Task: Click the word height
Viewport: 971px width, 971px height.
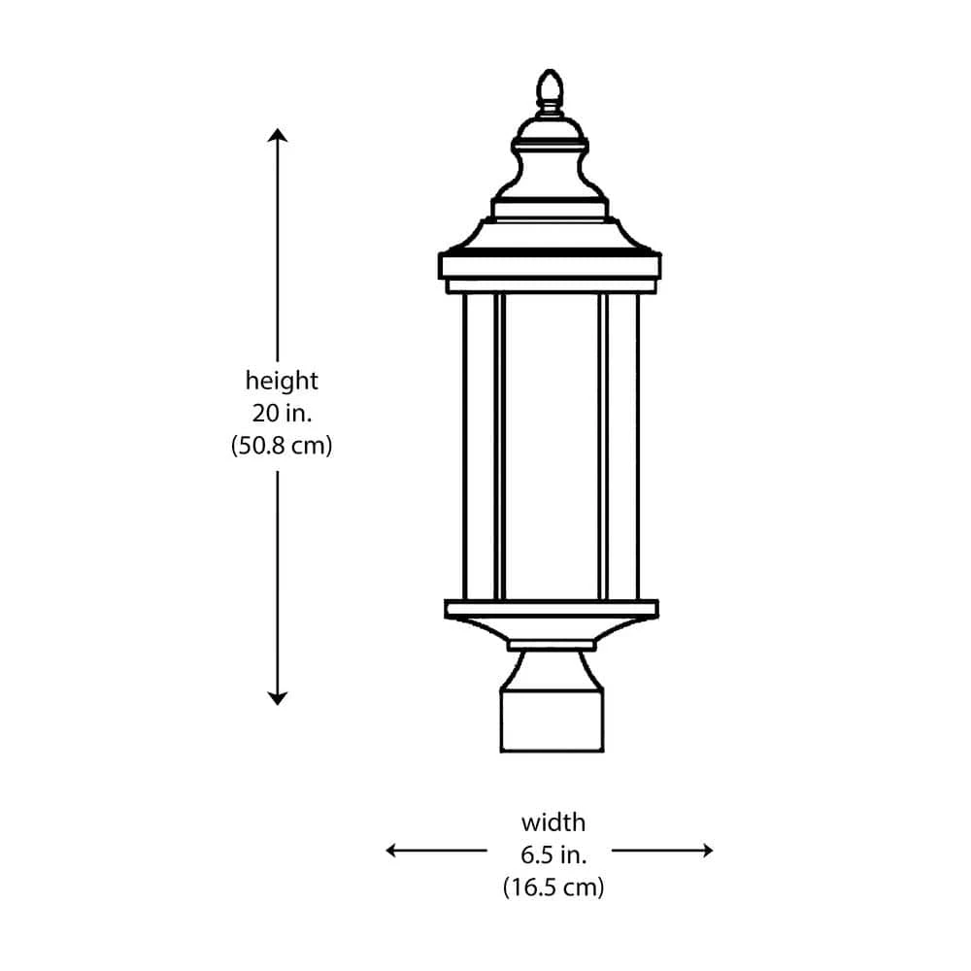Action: [282, 381]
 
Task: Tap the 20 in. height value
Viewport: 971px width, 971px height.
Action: [282, 413]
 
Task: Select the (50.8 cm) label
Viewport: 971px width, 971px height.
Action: [282, 446]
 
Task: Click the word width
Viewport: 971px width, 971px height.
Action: [553, 822]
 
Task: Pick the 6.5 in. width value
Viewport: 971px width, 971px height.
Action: [553, 855]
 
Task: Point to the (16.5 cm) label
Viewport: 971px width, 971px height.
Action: [553, 887]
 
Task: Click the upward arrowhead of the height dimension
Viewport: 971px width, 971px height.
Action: [278, 135]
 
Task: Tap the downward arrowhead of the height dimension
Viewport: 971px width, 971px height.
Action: [278, 698]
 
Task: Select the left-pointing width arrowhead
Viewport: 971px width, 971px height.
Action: [392, 851]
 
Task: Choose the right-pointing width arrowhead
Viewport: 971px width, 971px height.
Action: [707, 851]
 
